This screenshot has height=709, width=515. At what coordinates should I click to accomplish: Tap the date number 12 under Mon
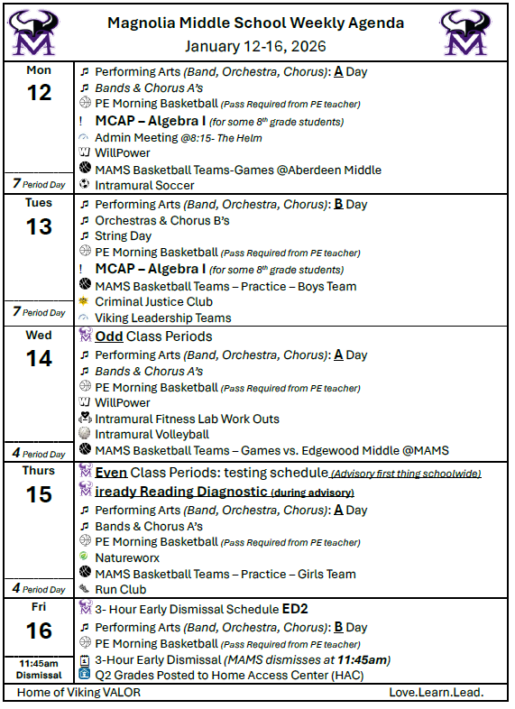39,92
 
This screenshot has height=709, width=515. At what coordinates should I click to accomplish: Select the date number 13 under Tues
39,226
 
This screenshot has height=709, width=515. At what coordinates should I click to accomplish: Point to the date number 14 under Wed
39,358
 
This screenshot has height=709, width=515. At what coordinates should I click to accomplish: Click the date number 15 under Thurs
39,493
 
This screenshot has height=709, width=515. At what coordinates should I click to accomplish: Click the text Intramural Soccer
144,185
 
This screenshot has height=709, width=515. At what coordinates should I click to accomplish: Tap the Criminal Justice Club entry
153,301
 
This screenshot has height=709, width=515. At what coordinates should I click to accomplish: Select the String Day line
123,235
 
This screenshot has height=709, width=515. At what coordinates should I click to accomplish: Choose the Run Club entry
120,589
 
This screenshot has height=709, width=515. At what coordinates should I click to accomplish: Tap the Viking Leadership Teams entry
162,318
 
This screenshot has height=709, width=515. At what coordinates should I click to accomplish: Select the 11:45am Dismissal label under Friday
38,668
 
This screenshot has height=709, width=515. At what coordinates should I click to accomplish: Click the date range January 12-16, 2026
255,46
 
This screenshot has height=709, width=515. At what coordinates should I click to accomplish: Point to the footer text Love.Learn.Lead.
437,692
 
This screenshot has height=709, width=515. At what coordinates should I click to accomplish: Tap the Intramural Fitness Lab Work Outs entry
187,419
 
